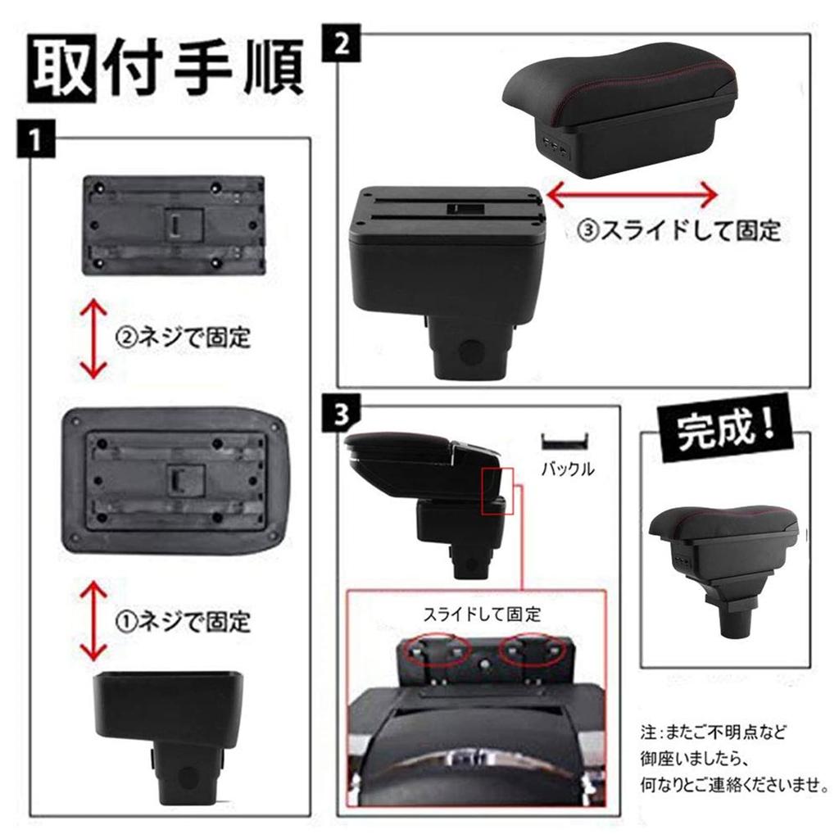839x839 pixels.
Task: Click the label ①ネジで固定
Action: [182, 621]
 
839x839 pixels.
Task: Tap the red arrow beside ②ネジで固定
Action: [95, 338]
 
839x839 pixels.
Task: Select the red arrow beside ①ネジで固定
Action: [95, 620]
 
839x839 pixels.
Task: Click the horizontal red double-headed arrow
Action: [632, 195]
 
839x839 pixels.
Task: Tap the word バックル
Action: [567, 470]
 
